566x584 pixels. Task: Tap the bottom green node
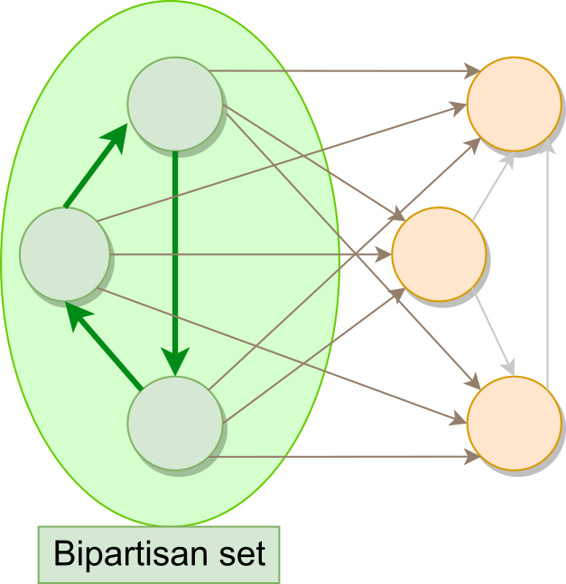pos(174,423)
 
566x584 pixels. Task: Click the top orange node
pos(514,103)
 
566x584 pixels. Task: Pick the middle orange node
pos(439,253)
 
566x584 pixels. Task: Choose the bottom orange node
pos(514,423)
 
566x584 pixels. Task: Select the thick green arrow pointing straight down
pos(175,261)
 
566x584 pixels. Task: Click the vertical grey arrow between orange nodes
pos(547,261)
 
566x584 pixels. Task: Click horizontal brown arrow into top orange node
pos(343,69)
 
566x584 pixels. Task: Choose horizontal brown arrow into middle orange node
pos(253,254)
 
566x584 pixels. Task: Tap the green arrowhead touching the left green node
pos(79,315)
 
